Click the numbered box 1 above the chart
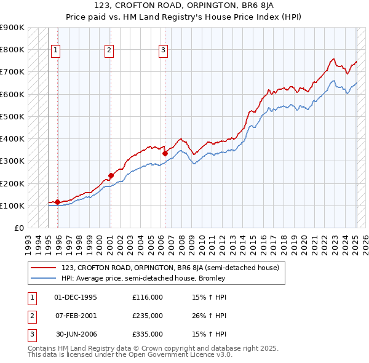[x=56, y=50]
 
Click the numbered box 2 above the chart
[x=109, y=50]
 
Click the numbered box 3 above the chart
[x=164, y=50]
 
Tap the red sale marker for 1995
[x=57, y=202]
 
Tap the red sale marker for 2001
[x=111, y=175]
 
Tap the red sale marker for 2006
[x=165, y=153]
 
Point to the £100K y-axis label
[x=12, y=205]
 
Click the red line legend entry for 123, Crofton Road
[x=170, y=268]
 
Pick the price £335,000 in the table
[x=148, y=334]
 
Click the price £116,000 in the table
[x=148, y=297]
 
